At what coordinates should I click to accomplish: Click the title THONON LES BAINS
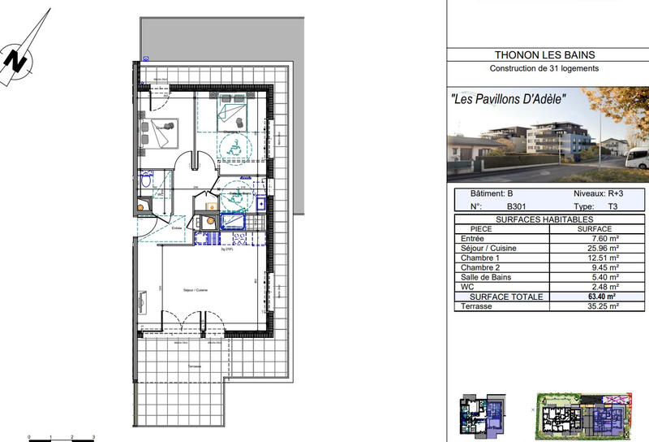[544, 55]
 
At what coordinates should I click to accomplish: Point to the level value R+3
[609, 194]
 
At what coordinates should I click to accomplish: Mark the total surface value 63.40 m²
[602, 297]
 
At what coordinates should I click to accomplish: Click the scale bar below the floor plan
[62, 438]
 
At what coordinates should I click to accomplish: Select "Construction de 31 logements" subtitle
[544, 68]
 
